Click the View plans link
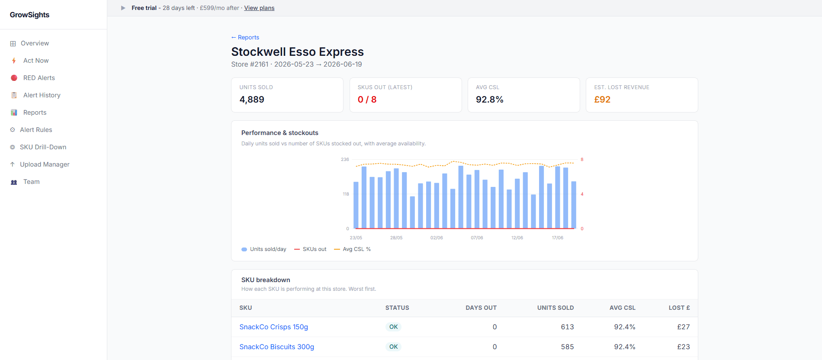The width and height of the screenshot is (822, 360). click(259, 8)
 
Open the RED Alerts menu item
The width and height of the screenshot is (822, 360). click(39, 78)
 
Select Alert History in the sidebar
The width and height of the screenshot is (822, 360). click(42, 95)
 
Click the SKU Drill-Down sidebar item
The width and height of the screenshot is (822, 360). click(43, 147)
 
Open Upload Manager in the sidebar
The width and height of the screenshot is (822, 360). click(45, 164)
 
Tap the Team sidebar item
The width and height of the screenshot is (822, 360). click(32, 182)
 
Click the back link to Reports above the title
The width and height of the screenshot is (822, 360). click(245, 37)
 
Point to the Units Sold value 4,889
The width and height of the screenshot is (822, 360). click(252, 100)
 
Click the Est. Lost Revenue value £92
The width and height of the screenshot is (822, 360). click(602, 100)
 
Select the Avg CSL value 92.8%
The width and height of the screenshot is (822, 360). click(490, 100)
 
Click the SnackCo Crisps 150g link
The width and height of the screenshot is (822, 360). click(274, 327)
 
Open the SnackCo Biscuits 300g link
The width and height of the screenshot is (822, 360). click(277, 347)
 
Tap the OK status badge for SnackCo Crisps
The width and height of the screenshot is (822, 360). click(393, 327)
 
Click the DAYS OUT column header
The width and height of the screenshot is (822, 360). click(481, 308)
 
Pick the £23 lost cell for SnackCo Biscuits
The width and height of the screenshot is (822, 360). click(684, 347)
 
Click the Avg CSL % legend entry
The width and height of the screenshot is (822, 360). click(353, 249)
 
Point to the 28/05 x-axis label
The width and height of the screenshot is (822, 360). click(396, 238)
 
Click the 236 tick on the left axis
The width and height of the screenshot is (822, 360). click(345, 159)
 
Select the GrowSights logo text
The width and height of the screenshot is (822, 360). click(29, 15)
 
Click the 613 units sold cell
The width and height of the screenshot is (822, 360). click(567, 327)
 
